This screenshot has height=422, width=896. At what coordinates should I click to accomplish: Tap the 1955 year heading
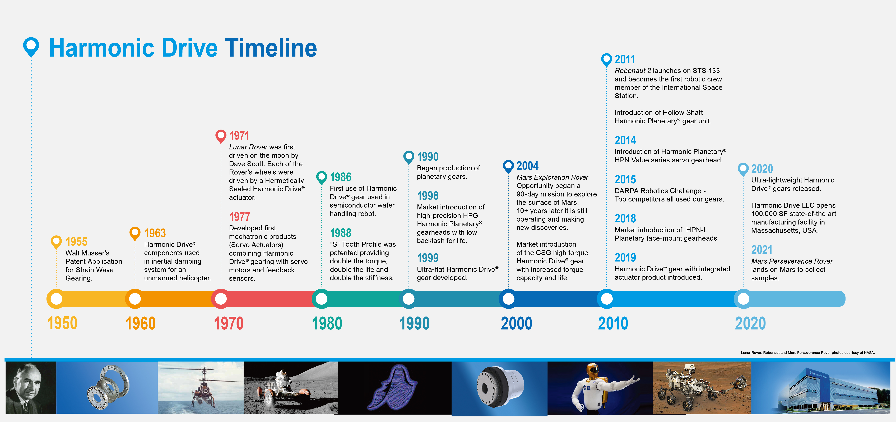click(x=77, y=241)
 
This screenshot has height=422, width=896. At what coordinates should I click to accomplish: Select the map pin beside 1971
click(x=221, y=136)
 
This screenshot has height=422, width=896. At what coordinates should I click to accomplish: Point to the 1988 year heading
click(x=341, y=233)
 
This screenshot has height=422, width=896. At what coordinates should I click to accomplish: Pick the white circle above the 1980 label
click(x=321, y=299)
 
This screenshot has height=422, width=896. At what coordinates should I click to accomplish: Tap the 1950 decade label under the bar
click(x=62, y=323)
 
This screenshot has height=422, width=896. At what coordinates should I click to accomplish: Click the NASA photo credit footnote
click(x=808, y=352)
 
